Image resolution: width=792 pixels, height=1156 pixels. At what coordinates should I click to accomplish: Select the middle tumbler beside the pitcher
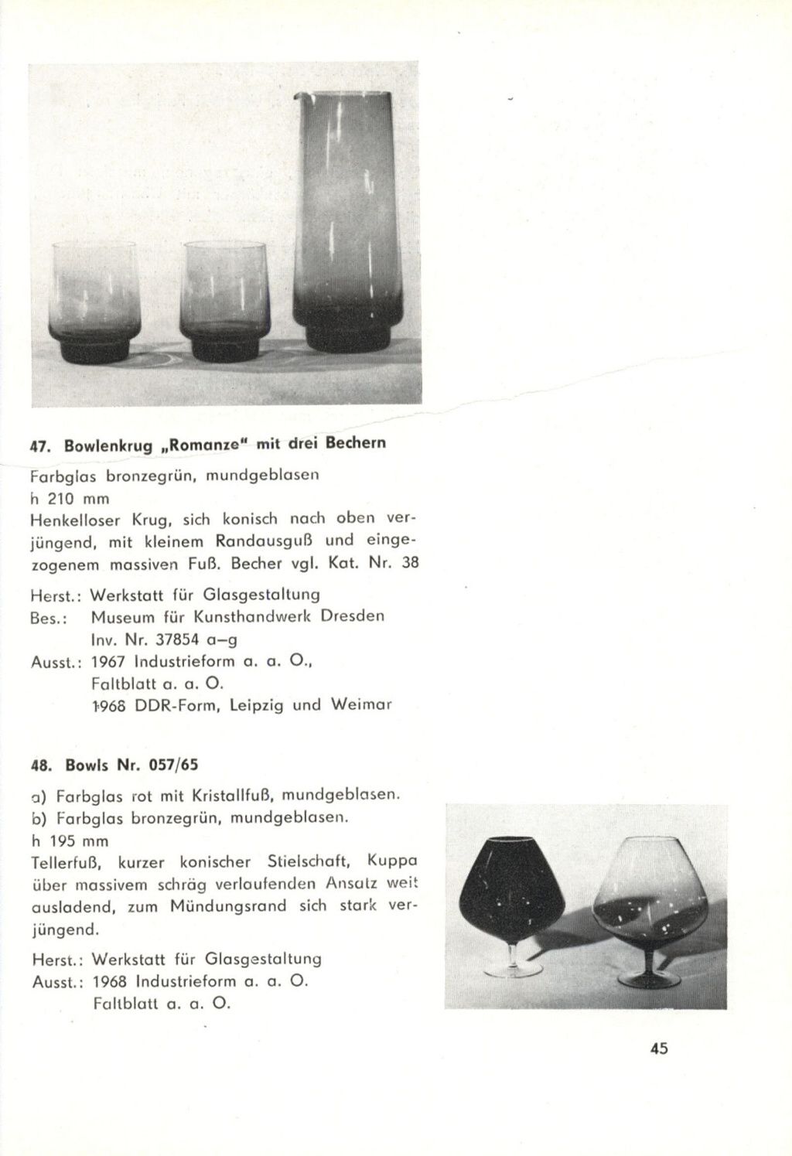click(x=224, y=302)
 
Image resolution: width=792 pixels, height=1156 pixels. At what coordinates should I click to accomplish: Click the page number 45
click(x=658, y=1049)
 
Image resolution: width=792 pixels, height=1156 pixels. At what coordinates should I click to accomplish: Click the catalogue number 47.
click(x=35, y=446)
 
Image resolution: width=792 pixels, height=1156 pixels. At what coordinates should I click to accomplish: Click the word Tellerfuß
click(x=62, y=861)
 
